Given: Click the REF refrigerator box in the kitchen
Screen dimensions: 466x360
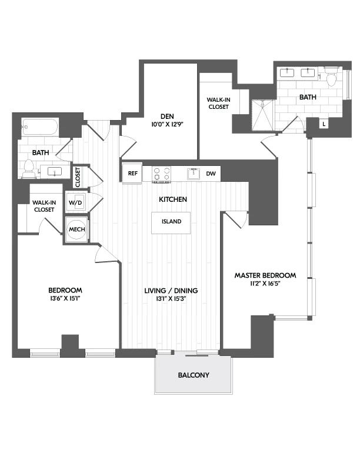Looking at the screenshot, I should point(132,174).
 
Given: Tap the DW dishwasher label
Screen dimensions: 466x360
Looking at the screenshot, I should point(211,174).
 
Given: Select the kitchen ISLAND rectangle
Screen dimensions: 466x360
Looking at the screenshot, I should point(172,222).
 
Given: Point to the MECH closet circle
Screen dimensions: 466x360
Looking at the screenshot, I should point(76,229).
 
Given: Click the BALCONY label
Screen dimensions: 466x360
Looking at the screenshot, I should point(194,375).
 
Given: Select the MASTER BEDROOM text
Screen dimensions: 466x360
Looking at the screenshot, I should point(265,275).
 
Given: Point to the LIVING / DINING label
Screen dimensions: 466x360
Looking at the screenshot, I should point(171,291).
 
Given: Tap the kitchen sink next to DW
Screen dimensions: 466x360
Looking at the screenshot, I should point(193,174).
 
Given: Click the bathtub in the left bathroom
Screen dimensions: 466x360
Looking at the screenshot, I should point(40,127).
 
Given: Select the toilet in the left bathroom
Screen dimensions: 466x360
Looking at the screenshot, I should point(28,169).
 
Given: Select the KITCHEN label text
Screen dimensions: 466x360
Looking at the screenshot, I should point(173,199).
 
